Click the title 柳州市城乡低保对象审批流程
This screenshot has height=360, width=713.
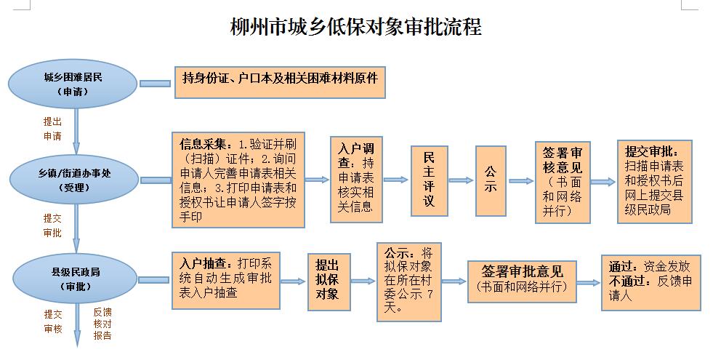coord(355,28)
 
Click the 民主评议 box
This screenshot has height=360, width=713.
coord(428,180)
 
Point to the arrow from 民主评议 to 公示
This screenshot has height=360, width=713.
coord(461,180)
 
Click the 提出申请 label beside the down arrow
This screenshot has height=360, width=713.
coord(52,129)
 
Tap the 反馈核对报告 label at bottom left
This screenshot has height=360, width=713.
coord(102,323)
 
